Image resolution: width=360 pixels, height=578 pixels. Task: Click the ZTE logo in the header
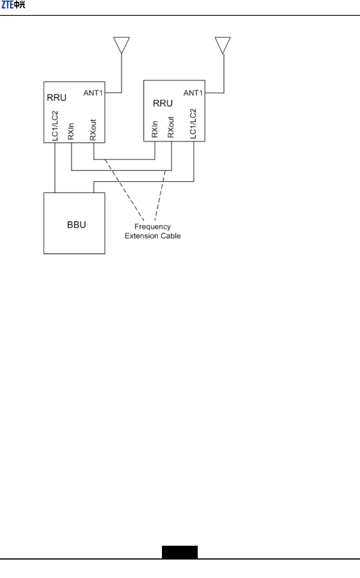coord(13,5)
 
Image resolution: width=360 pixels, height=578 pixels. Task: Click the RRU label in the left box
coord(57,98)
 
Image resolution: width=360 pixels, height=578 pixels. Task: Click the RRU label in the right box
coord(163,103)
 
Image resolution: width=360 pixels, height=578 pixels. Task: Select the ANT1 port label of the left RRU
coord(93,93)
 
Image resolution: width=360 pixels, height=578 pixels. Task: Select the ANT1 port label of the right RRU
coord(193,93)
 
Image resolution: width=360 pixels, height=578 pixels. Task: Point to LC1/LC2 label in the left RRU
coord(55,126)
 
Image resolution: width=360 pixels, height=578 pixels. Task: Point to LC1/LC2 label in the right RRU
coord(193,123)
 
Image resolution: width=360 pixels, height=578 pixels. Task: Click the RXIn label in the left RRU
coord(71,131)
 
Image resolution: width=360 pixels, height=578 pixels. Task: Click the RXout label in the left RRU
coord(93,130)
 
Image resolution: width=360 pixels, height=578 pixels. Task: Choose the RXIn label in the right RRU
coord(155,129)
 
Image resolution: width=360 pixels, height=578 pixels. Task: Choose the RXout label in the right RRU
coord(171,127)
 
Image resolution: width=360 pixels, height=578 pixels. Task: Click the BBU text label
coord(77,225)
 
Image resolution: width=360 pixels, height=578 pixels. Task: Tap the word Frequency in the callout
coord(153,227)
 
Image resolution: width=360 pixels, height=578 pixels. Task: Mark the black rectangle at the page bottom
coord(180,552)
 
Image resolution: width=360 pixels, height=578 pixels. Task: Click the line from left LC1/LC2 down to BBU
coord(55,168)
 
